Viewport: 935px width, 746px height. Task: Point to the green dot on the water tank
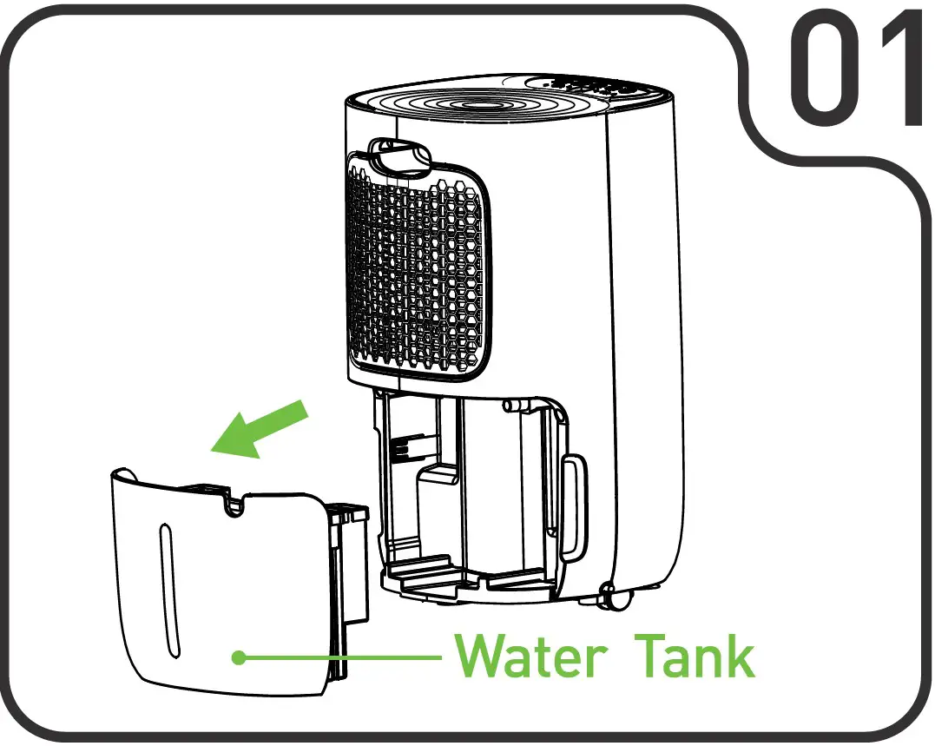point(240,658)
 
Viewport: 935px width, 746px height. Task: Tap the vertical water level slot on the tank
point(168,591)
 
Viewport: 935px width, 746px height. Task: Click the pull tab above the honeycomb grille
point(400,155)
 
